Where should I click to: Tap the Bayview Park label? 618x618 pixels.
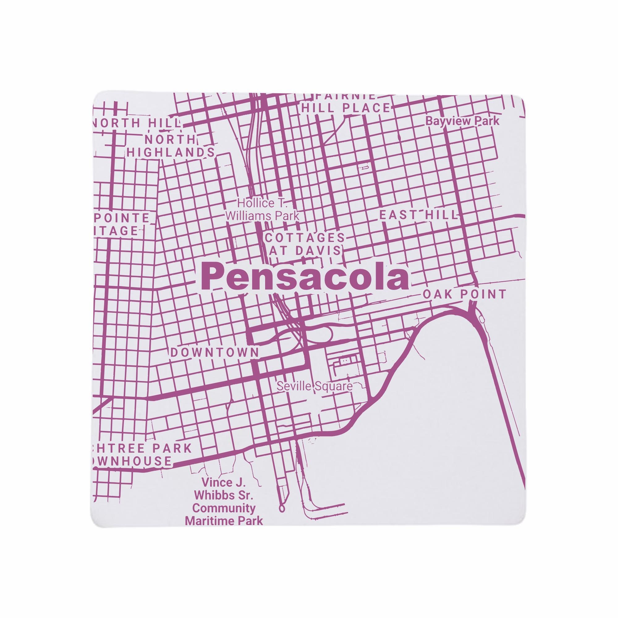[462, 121]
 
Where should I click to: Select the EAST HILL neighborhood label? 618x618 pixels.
[418, 215]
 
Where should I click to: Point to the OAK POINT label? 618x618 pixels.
[464, 294]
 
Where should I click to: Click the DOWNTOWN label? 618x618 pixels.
[215, 353]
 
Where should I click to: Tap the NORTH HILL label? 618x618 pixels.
[137, 123]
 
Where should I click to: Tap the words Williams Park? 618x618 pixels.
[262, 216]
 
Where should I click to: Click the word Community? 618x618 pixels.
[224, 508]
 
